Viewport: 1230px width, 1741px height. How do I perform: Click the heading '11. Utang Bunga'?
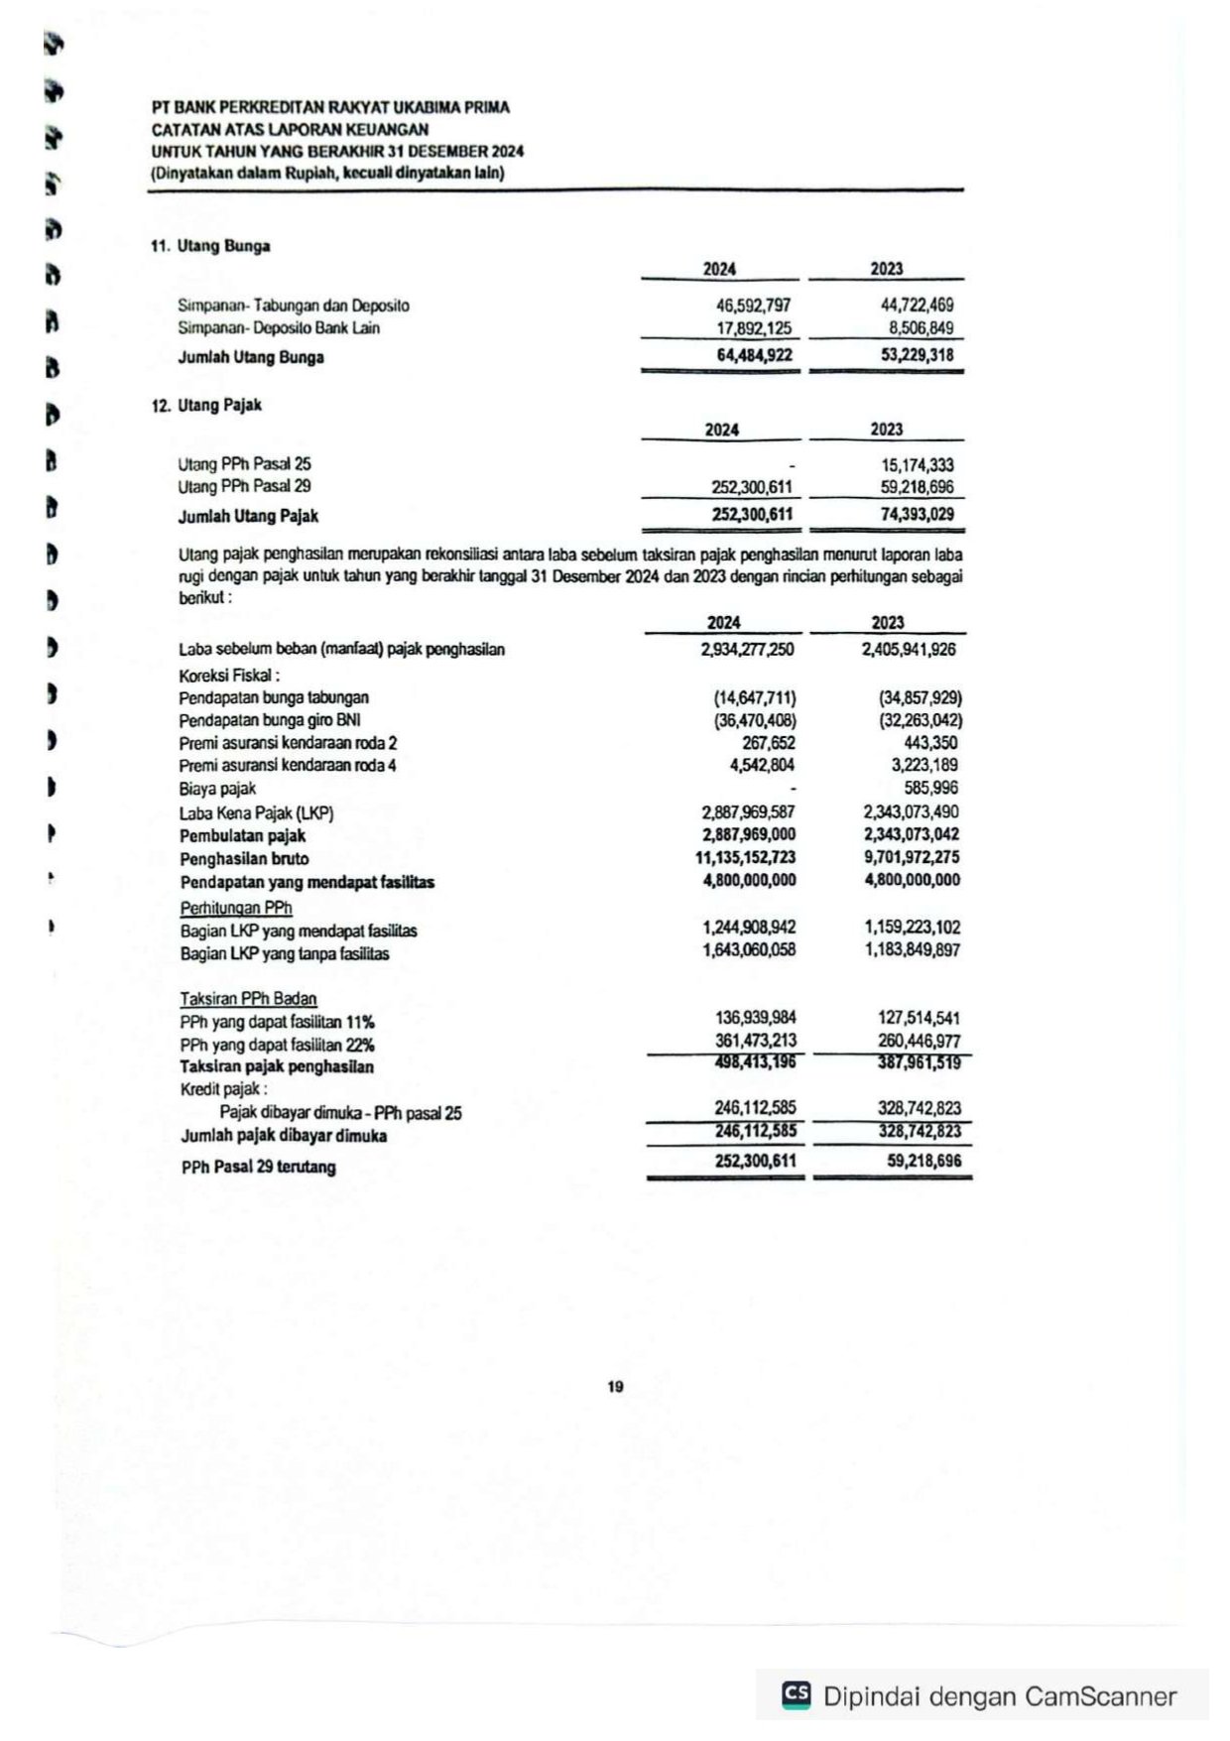coord(210,246)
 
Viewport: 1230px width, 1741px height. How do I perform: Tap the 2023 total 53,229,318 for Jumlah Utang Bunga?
coord(917,355)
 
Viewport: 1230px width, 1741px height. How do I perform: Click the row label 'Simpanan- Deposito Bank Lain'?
coord(279,328)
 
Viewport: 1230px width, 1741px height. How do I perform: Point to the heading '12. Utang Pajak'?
coord(206,405)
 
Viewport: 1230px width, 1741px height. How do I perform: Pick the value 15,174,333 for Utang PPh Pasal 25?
coord(917,464)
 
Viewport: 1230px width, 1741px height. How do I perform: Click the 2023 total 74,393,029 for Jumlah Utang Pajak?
coord(917,515)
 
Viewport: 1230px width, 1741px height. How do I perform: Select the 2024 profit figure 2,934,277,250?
coord(747,650)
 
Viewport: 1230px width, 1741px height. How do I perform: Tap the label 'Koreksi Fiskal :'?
coord(229,675)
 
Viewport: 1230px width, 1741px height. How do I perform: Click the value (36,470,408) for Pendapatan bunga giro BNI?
coord(755,720)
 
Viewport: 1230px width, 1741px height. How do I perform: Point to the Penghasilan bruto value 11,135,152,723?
coord(745,858)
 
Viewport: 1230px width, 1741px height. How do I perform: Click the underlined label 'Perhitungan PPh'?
coord(236,908)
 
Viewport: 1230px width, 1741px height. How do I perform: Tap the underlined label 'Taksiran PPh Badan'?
coord(248,999)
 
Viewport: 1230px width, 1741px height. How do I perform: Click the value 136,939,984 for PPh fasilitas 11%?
coord(755,1018)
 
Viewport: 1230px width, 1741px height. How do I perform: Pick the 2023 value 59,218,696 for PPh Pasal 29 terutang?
coord(923,1161)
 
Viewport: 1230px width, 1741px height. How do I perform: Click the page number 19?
coord(615,1387)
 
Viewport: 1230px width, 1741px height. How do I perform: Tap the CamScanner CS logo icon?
coord(796,1695)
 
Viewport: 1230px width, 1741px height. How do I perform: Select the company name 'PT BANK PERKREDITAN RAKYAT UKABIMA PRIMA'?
coord(330,107)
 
